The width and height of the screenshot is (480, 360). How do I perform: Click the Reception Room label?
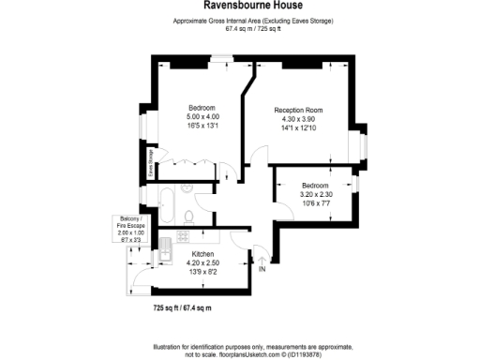pos(299,111)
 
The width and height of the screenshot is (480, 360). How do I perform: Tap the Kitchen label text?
pos(203,255)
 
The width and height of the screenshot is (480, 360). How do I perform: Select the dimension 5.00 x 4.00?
pos(202,116)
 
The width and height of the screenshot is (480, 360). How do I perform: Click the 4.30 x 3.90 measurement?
pos(299,119)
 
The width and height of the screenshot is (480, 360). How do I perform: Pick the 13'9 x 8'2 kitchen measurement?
pos(203,272)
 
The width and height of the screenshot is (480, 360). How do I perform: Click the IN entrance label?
pos(262,270)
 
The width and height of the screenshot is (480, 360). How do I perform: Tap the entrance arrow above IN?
pos(262,258)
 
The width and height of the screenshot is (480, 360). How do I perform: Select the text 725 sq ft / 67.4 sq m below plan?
pos(183,307)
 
